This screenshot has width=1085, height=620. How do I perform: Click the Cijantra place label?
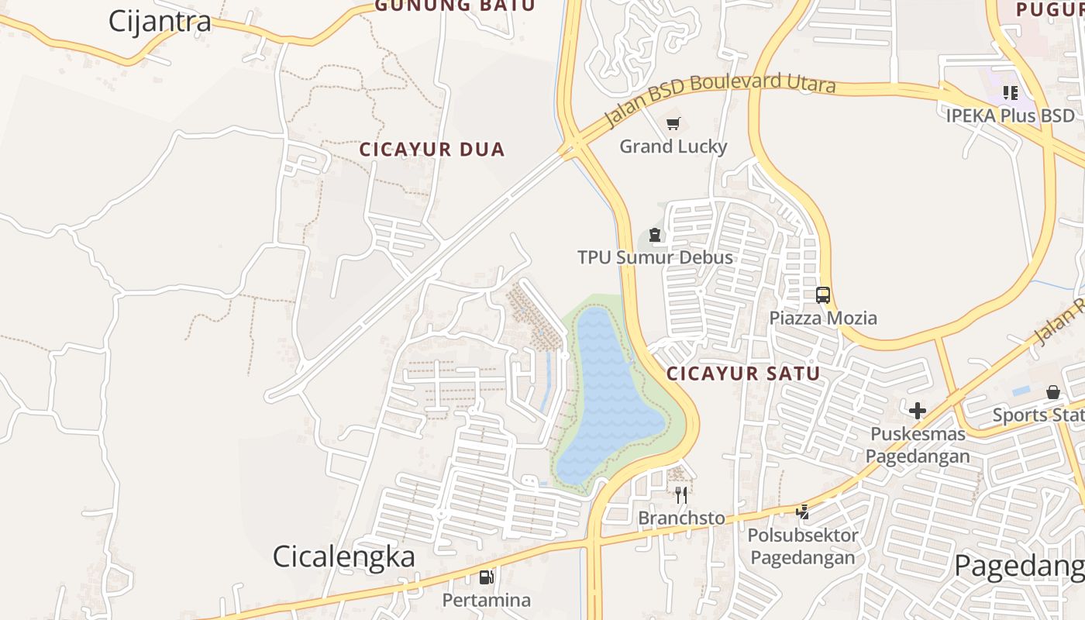coord(159,21)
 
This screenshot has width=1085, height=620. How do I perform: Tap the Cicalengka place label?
coord(343,556)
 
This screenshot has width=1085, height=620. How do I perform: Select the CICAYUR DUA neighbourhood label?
coord(432,150)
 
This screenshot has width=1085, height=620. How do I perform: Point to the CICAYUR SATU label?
coord(743,374)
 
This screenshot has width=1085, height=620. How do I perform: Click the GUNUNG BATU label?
coord(455,6)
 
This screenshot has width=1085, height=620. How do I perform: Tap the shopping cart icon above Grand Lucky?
coord(673,124)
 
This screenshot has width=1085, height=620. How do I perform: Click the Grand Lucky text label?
coord(673,146)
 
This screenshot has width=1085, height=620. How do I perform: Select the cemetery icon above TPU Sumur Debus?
coord(655,235)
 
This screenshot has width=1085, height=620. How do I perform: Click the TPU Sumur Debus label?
coord(655,257)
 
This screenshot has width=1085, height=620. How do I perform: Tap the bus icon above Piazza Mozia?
coord(822,295)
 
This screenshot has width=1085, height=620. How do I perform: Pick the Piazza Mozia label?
coord(822,318)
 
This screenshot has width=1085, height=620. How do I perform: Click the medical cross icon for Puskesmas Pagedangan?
coord(918,411)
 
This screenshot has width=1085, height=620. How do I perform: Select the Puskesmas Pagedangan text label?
coord(918,445)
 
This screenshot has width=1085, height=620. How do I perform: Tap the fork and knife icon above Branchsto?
coord(681,494)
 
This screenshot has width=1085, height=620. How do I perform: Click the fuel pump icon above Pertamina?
coord(486,577)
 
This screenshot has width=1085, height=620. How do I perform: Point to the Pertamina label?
coord(486,600)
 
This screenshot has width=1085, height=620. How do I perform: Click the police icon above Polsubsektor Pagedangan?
coord(803,511)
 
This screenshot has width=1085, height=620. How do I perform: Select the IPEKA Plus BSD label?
coord(1010,115)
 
